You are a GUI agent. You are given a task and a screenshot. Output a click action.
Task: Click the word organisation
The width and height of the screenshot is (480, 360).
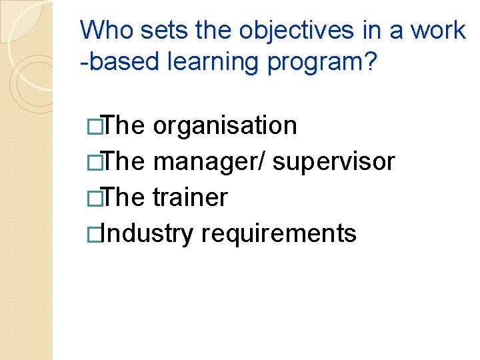225,125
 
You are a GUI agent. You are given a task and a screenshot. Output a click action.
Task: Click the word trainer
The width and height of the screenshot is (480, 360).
190,198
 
